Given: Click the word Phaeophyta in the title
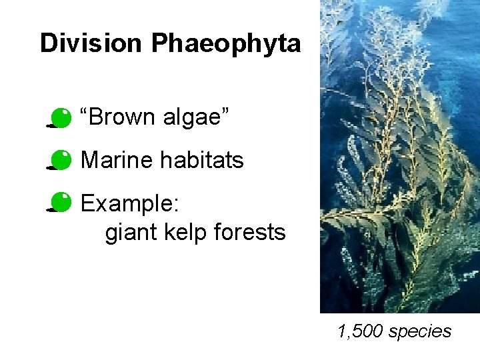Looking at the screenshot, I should click(226, 44).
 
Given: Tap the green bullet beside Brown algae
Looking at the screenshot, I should click(60, 118).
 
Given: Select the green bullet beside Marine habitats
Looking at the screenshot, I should click(60, 160).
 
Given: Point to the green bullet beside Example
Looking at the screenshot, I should click(60, 202).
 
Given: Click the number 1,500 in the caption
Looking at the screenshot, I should click(361, 331).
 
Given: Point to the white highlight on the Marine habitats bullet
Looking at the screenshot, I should click(64, 155).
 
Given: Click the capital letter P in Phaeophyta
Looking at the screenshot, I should click(159, 43).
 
